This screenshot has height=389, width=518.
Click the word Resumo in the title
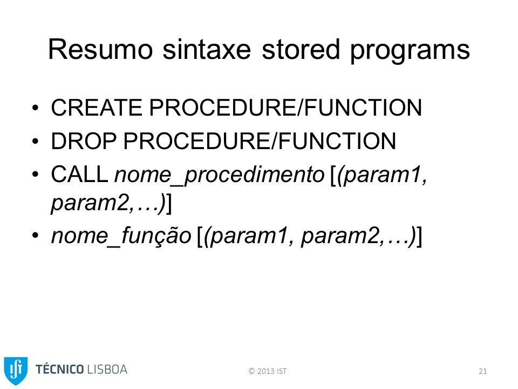click(100, 49)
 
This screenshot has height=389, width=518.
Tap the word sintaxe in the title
click(207, 49)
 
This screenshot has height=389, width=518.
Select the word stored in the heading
click(301, 49)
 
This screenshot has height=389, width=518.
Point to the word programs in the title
click(410, 51)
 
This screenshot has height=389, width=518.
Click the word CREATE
click(97, 108)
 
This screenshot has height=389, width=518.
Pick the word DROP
click(84, 141)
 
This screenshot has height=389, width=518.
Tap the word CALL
click(79, 174)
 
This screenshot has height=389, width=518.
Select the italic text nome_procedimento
click(220, 175)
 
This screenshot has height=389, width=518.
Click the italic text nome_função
click(121, 236)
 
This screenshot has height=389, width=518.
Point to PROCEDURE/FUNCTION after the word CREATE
click(285, 108)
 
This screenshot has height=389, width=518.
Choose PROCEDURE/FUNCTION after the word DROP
click(260, 141)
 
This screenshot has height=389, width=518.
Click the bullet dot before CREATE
click(36, 108)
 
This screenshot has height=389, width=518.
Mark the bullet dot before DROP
click(36, 141)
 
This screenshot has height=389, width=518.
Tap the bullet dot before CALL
click(36, 175)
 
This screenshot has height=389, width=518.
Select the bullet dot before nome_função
click(36, 236)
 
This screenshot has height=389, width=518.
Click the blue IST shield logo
click(16, 371)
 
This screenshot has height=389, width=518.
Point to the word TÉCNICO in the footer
click(59, 369)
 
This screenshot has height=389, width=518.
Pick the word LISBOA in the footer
click(107, 370)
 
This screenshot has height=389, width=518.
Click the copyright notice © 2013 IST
click(268, 371)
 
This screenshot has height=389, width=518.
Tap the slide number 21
click(482, 371)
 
